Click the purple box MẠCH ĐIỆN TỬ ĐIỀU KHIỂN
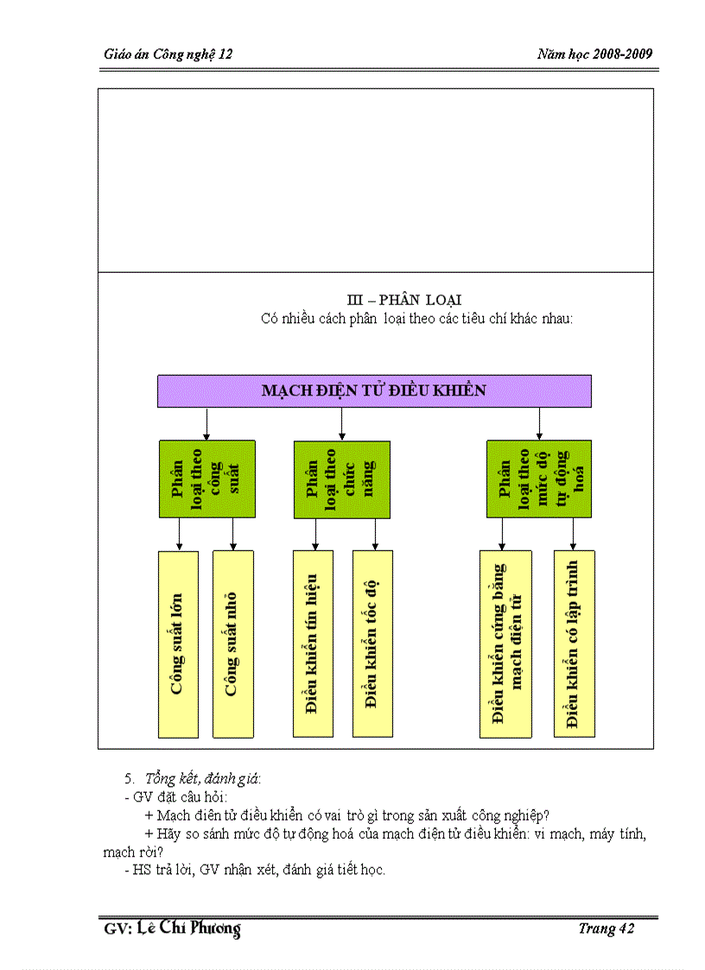tap(374, 390)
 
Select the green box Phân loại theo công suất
tap(207, 479)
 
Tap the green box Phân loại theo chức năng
tap(342, 479)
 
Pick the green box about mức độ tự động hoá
tap(539, 479)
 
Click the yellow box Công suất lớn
tap(179, 643)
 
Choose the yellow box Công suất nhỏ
tap(232, 643)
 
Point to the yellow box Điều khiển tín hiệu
tap(313, 643)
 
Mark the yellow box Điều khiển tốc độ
tap(372, 643)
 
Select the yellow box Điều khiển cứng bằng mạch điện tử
tap(505, 643)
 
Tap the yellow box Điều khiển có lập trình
tap(574, 643)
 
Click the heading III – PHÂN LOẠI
tap(404, 300)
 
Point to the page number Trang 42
tap(607, 929)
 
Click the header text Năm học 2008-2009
tap(594, 54)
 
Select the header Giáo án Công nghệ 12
tap(168, 54)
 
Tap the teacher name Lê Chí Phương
tap(188, 929)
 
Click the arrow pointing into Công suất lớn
tap(180, 535)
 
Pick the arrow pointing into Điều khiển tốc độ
tap(374, 535)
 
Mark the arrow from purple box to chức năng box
tap(342, 424)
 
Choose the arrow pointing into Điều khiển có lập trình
tap(574, 535)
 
